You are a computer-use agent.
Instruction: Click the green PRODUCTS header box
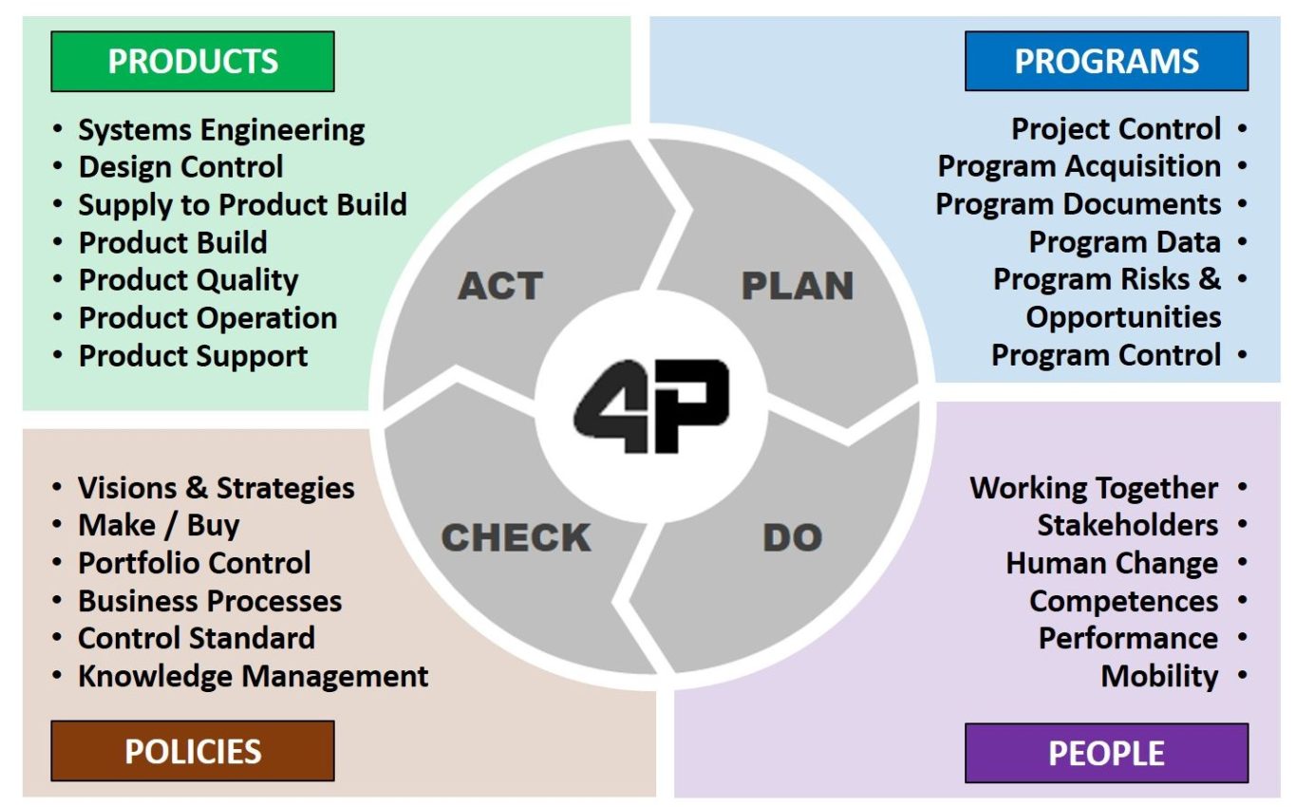193,62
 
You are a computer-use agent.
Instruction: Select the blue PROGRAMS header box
1106,61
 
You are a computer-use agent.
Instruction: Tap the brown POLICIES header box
193,751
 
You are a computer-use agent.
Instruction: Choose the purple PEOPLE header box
1106,753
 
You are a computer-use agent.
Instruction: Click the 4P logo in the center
651,405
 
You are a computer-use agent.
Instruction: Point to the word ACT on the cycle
500,286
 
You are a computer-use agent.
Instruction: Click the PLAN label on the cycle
798,286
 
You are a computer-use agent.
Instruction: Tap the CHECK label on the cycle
516,537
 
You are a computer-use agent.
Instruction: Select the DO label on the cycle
793,537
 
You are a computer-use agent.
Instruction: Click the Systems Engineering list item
222,130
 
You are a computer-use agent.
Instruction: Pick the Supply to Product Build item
243,205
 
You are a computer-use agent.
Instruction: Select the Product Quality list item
188,280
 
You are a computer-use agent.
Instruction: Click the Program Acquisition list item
1080,167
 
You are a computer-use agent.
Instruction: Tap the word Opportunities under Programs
1123,317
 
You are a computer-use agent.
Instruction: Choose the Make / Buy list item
159,526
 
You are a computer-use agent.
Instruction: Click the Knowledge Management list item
253,676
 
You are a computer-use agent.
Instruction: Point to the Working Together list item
1094,488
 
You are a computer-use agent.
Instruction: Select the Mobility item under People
1159,676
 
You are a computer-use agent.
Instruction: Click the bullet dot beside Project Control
1242,128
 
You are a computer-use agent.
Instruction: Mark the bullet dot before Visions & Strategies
57,487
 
